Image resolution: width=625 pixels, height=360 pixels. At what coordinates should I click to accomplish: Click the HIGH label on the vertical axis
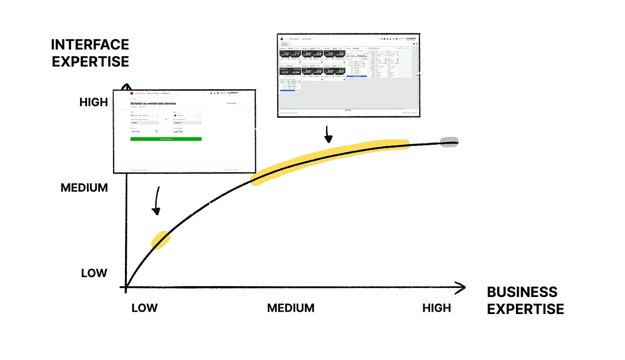click(x=94, y=102)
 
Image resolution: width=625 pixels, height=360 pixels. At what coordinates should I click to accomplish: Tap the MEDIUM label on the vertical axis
click(x=84, y=187)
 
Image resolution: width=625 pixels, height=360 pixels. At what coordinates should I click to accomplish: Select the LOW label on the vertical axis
click(x=94, y=273)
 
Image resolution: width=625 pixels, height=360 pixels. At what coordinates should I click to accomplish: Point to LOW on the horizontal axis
click(x=144, y=308)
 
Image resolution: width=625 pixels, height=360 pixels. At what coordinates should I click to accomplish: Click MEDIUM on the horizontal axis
click(x=290, y=308)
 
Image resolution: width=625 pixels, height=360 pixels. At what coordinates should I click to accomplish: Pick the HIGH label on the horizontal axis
click(x=436, y=308)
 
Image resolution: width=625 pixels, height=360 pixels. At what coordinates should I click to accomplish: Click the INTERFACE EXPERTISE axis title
click(x=90, y=53)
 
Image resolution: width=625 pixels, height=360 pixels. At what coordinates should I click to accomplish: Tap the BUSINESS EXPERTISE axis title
click(x=525, y=300)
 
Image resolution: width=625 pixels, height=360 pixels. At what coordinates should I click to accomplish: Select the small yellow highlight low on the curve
click(x=160, y=240)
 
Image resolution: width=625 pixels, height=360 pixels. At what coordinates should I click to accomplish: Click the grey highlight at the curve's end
click(x=449, y=141)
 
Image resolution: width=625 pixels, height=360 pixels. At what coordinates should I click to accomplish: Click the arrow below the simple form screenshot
click(x=156, y=204)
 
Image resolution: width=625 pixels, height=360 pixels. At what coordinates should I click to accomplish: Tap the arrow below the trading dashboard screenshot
click(x=328, y=135)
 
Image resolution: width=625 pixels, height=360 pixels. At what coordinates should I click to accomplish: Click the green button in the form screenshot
click(x=165, y=139)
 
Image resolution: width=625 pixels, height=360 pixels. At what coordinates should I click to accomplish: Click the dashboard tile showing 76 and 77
click(x=290, y=55)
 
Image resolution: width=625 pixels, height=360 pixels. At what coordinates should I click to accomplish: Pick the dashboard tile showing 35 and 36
click(x=335, y=55)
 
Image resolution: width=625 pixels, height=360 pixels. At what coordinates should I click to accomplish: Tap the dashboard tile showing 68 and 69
click(x=335, y=72)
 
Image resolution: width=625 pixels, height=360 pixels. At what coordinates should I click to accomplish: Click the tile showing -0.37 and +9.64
click(x=290, y=72)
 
